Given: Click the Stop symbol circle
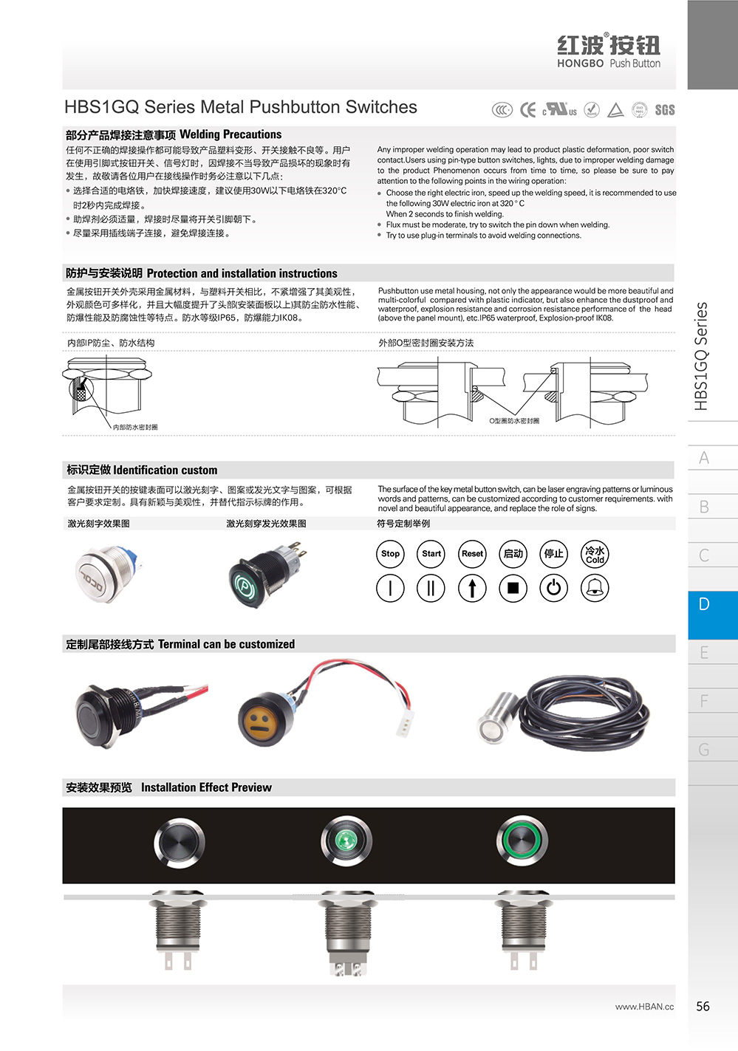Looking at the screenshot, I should [390, 554].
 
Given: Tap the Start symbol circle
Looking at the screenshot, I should [431, 554].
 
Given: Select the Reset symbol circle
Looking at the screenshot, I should [472, 554].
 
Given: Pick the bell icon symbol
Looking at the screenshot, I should [595, 588].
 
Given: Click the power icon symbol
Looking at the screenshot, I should [554, 588].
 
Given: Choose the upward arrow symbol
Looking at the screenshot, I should [472, 588].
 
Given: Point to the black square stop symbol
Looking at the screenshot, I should [513, 588].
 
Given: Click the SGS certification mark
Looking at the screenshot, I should [664, 110].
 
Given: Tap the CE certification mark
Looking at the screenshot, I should [527, 110].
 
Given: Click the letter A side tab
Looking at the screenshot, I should [704, 458].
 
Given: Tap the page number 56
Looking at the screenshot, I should [703, 1006].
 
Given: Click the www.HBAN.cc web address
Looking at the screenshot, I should [644, 1007].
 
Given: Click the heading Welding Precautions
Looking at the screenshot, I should [230, 134].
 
